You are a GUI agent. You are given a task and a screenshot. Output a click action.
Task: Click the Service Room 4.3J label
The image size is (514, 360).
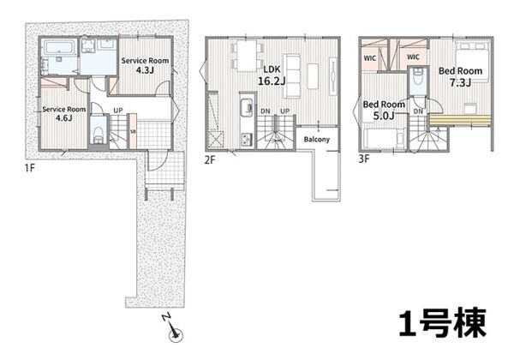(x=145, y=65)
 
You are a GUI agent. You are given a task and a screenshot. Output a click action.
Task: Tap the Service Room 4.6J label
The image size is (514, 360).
(x=64, y=113)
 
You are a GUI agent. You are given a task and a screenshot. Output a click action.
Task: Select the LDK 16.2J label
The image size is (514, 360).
(x=272, y=75)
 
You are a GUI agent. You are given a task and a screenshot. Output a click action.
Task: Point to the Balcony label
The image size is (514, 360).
(x=316, y=140)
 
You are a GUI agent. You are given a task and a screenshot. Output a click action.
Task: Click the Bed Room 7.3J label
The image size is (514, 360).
(x=460, y=76)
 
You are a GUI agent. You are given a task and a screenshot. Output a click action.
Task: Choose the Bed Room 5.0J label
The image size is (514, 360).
(x=384, y=110)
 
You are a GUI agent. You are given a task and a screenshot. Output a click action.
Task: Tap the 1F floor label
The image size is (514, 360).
(x=29, y=168)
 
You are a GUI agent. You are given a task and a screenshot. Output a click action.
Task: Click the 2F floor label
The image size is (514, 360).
(x=210, y=160)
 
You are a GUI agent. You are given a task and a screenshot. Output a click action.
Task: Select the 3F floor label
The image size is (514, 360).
(x=364, y=159)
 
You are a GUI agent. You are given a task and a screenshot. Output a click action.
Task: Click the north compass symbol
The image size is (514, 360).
(x=173, y=329)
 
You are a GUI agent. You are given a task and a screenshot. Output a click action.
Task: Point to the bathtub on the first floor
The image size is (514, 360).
(x=59, y=47)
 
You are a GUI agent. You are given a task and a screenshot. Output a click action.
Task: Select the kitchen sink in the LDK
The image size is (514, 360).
(x=247, y=107)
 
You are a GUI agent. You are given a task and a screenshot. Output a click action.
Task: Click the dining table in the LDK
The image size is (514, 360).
(x=248, y=56)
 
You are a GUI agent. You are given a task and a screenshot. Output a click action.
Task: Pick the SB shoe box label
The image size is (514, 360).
(x=133, y=131)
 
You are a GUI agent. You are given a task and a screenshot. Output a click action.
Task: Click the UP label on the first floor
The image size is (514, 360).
(x=118, y=111)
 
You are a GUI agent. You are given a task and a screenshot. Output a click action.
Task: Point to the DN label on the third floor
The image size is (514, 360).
(x=418, y=111)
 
